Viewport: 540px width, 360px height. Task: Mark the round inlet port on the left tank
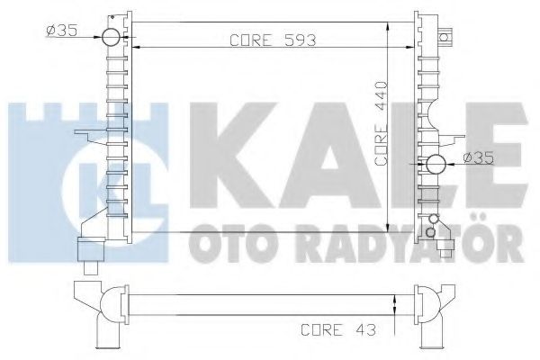point(110,38)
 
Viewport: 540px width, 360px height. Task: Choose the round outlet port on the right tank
point(435,164)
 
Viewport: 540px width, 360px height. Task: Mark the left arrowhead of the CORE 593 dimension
point(137,47)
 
